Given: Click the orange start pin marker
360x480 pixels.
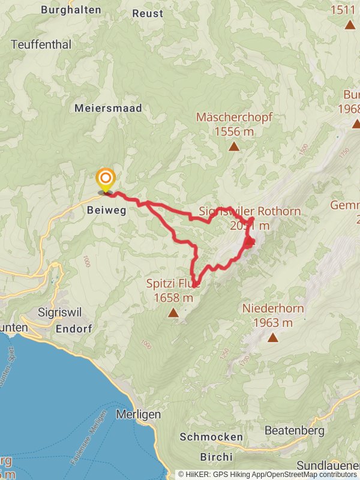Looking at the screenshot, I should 106,179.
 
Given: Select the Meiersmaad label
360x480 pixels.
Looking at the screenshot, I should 108,108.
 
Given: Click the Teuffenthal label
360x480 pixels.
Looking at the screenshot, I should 41,44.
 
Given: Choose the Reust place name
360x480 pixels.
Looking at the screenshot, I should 147,13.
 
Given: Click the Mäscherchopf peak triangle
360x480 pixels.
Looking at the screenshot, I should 233,146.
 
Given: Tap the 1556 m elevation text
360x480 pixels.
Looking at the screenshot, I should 233,131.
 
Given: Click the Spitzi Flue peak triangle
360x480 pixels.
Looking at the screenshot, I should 173,313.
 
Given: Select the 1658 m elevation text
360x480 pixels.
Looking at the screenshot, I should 173,298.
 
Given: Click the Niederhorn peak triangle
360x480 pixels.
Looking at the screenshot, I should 273,337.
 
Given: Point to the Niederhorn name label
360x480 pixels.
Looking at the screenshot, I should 273,309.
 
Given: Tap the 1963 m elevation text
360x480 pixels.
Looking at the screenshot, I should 273,323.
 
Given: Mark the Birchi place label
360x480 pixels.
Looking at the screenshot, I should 211,457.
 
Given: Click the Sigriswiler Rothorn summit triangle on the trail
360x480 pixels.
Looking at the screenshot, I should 249,242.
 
